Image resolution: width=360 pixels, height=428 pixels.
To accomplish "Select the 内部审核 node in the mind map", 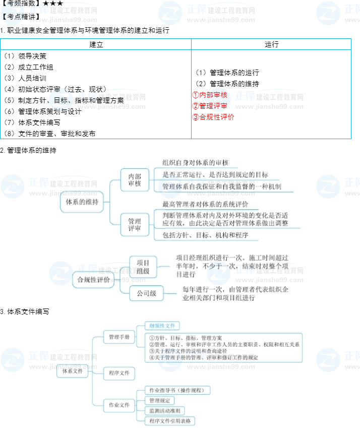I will click(x=135, y=180).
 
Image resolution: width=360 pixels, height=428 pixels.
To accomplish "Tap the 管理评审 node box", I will click(x=135, y=224).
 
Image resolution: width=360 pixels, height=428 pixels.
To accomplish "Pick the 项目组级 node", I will click(x=143, y=267).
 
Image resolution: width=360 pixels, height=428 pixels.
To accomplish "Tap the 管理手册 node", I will click(x=119, y=337).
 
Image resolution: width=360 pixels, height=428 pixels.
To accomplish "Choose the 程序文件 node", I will click(x=119, y=374).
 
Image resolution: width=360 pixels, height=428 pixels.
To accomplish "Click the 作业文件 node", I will click(x=119, y=405).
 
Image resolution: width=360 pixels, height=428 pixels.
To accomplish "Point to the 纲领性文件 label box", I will click(x=162, y=326).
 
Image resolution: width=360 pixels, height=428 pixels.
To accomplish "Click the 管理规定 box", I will click(x=159, y=400).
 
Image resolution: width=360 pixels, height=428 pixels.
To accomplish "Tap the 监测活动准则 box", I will click(x=164, y=410).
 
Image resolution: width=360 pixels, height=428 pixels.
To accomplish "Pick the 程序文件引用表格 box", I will click(x=170, y=420).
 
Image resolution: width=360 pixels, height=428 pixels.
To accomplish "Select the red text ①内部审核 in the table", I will click(x=210, y=95).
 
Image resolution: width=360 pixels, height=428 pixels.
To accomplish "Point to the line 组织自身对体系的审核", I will click(x=195, y=163).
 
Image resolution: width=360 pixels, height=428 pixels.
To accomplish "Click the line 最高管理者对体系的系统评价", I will click(x=205, y=204).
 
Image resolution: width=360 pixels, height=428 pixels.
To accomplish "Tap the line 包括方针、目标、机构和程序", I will click(x=205, y=235).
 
